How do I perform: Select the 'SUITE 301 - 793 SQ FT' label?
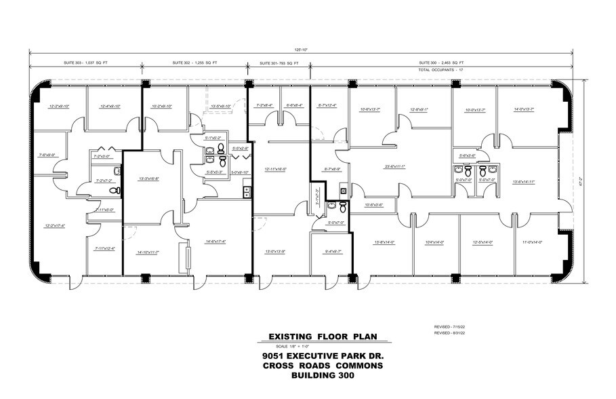280,63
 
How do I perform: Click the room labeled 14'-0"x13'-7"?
524,109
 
